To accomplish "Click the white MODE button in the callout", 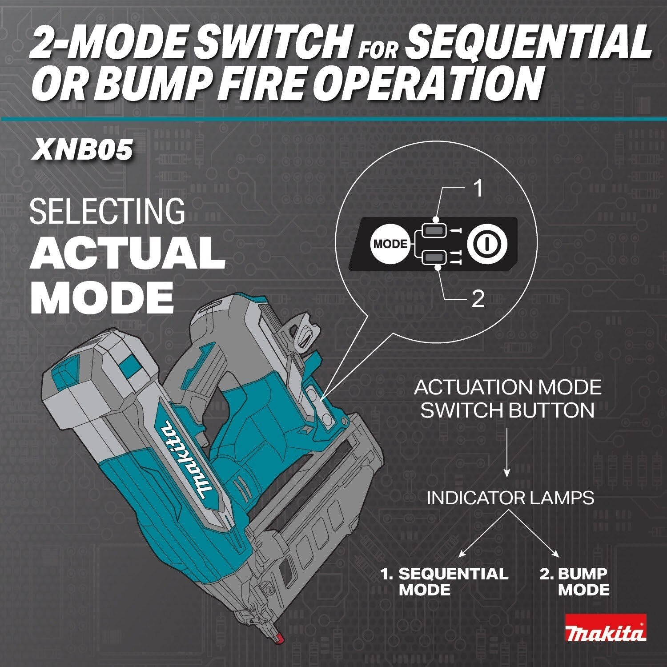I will (390, 244).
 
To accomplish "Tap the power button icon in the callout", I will (486, 244).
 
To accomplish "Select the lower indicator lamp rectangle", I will (435, 257).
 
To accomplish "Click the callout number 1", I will (478, 189).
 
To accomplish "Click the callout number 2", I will (477, 300).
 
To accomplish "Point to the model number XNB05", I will (82, 150).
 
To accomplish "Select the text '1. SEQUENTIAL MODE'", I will (445, 582).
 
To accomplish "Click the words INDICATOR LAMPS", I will (510, 498).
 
